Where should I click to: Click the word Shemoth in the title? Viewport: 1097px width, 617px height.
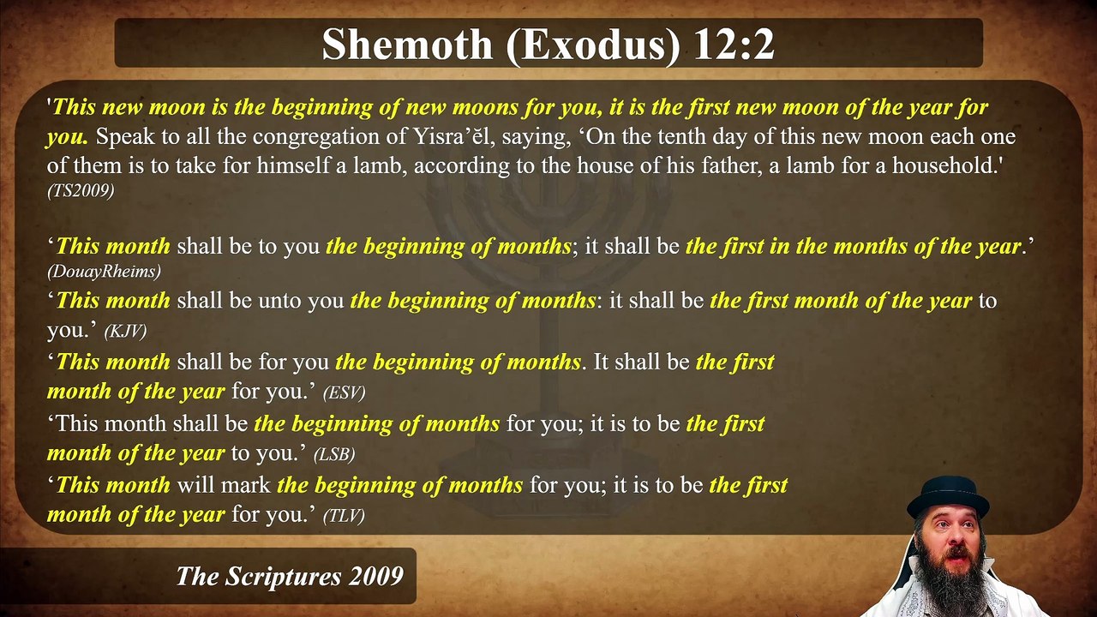point(407,45)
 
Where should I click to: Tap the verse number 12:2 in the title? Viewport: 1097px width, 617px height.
point(734,45)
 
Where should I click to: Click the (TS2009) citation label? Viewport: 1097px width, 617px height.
point(81,191)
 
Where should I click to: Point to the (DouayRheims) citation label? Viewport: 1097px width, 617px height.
point(104,271)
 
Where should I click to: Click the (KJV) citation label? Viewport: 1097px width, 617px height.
point(125,331)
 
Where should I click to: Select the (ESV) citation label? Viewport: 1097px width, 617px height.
point(344,392)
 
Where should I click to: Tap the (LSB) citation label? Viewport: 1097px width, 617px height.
point(334,454)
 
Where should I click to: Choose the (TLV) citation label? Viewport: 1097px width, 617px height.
point(344,515)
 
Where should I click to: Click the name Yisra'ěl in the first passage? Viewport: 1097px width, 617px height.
point(444,136)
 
